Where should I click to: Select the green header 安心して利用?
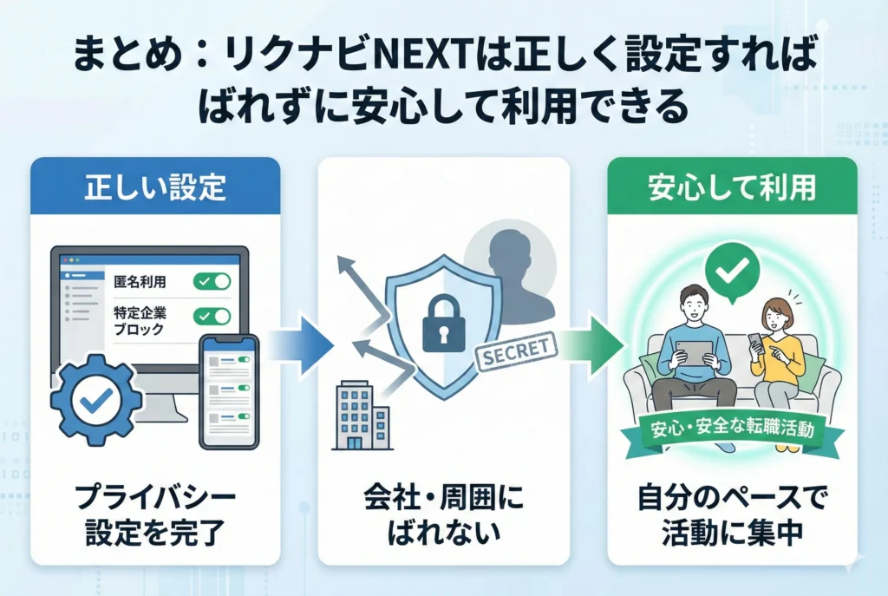click(x=731, y=187)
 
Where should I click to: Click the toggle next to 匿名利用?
click(x=212, y=281)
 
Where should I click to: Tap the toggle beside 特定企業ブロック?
click(x=212, y=317)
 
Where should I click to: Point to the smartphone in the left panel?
click(x=229, y=391)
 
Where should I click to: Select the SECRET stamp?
click(x=514, y=350)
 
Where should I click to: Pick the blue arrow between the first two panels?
click(x=299, y=346)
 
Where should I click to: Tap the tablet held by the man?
click(x=694, y=355)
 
